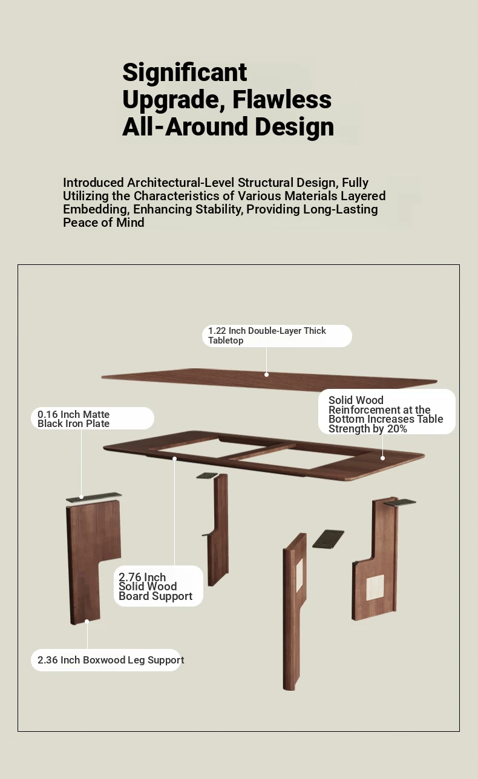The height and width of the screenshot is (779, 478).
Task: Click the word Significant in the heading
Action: (185, 73)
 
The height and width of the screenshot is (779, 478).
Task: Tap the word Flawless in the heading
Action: (282, 99)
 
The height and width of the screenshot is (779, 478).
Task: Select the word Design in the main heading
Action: (294, 127)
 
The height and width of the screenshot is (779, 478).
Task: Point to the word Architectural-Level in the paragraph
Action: (180, 183)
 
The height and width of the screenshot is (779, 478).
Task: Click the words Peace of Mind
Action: (103, 223)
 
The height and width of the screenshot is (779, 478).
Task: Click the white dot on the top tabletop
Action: (266, 374)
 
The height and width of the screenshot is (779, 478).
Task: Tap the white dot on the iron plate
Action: (82, 497)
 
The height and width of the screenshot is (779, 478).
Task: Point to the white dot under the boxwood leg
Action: (87, 621)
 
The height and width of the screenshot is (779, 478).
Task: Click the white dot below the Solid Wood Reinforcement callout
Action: (382, 458)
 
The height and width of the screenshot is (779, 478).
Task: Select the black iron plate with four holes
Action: (328, 539)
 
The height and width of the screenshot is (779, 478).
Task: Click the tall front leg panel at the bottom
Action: (294, 611)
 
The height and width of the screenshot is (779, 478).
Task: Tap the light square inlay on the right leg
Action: (375, 587)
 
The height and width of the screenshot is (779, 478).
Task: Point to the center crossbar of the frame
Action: (258, 451)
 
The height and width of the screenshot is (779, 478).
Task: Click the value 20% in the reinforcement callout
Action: (397, 429)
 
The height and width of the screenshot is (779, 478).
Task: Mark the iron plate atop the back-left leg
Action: (207, 475)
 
